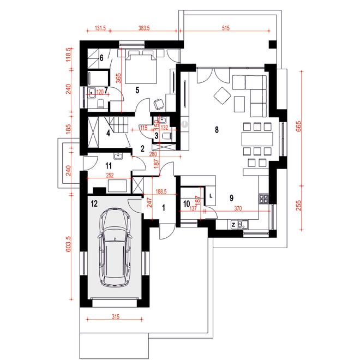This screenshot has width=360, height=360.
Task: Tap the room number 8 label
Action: point(217,130)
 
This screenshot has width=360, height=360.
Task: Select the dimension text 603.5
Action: point(68,244)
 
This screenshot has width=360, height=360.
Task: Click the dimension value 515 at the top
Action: point(226,28)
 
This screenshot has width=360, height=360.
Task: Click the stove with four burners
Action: point(264,199)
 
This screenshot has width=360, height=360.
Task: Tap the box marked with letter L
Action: point(211,196)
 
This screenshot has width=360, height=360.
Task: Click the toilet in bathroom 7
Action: point(101,103)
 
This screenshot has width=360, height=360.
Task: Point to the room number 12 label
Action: point(94,203)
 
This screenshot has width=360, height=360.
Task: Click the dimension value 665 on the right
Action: point(298,127)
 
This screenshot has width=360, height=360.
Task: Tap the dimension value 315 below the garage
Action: point(116,317)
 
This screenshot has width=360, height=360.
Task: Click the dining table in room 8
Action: point(257,139)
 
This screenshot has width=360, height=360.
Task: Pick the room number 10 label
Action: point(187,203)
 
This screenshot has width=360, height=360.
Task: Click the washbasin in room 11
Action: point(118,156)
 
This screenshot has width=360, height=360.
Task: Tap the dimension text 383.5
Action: point(144,28)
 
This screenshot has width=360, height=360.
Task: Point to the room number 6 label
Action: point(101,58)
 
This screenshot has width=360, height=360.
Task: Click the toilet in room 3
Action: point(167,136)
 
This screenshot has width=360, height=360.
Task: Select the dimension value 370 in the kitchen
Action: point(238,208)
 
